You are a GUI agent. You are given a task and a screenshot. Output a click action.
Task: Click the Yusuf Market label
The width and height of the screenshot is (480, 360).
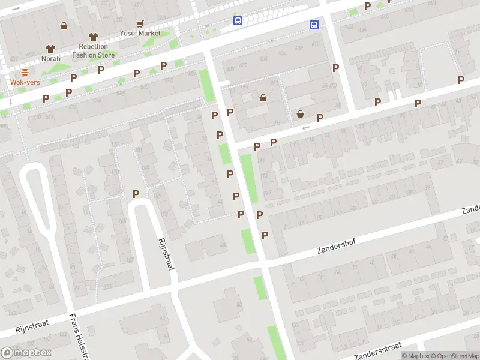tap(140, 34)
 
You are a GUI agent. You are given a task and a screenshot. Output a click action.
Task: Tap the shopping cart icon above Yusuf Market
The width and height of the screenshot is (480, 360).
tap(140, 24)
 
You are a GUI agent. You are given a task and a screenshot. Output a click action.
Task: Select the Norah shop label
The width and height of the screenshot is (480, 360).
tap(51, 58)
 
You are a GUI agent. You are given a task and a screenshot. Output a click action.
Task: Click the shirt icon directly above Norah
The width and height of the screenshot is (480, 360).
tap(51, 49)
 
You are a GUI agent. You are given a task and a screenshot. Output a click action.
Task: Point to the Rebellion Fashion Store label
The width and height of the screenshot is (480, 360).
tap(93, 51)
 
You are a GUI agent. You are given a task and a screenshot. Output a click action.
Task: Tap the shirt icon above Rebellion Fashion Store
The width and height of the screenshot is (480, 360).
tap(92, 37)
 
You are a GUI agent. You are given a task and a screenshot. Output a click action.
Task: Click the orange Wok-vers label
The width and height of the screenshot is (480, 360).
tap(25, 82)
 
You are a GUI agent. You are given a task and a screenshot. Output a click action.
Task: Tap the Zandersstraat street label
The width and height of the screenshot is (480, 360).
tap(377, 350)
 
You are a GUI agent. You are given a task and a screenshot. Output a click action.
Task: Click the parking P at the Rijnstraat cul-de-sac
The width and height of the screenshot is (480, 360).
tap(136, 194)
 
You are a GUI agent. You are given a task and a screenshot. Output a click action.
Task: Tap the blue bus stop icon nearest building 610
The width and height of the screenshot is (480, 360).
tap(314, 25)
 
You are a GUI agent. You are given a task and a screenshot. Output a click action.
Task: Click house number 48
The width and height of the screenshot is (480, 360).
tap(223, 245)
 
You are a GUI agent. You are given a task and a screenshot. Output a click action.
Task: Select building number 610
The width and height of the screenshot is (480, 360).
tap(316, 43)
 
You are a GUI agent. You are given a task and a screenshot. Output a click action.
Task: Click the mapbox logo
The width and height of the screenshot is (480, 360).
tap(26, 353)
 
